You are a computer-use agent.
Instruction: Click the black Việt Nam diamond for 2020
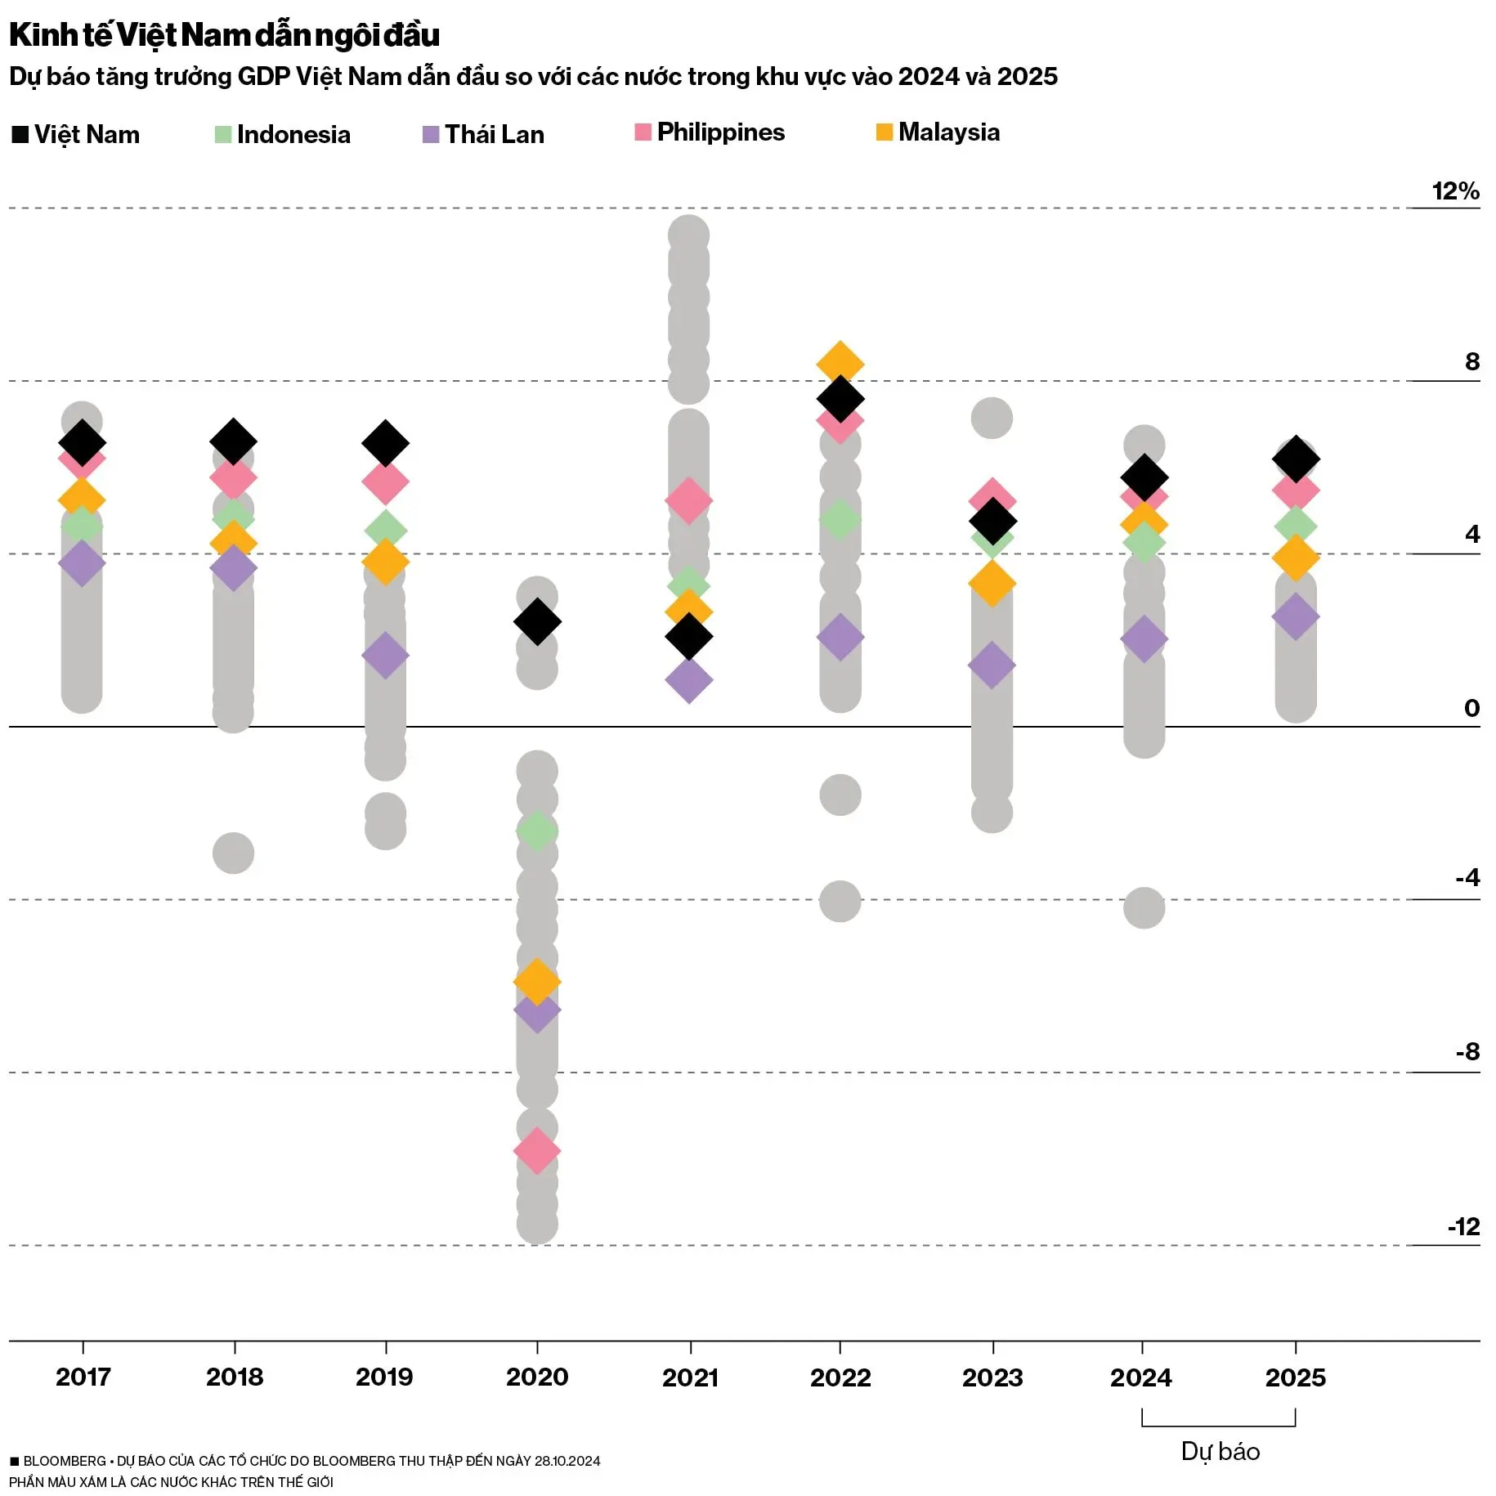click(537, 621)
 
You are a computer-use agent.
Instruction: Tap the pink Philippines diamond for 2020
click(537, 1150)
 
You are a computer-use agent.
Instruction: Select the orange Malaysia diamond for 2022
click(840, 362)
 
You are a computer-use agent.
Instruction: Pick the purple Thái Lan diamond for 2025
click(1296, 616)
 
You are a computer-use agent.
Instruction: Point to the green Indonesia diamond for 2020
click(537, 831)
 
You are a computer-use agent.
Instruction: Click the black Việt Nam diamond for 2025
click(1296, 459)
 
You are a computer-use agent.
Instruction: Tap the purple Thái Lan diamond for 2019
click(385, 655)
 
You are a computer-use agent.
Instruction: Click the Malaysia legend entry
click(938, 132)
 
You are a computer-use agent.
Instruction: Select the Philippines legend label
click(720, 132)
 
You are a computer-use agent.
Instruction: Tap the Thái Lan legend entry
click(483, 135)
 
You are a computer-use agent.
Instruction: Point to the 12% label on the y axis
click(1455, 191)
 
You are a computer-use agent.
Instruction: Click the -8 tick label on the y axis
click(1467, 1051)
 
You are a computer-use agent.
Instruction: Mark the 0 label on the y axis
click(1471, 708)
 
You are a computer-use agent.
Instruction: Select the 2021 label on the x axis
click(690, 1377)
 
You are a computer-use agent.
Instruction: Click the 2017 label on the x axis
click(83, 1377)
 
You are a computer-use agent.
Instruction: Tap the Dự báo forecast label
click(1220, 1451)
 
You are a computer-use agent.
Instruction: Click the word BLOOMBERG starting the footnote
click(65, 1461)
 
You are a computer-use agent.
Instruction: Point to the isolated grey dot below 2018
click(233, 853)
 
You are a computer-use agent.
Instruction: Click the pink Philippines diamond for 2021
click(688, 500)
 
